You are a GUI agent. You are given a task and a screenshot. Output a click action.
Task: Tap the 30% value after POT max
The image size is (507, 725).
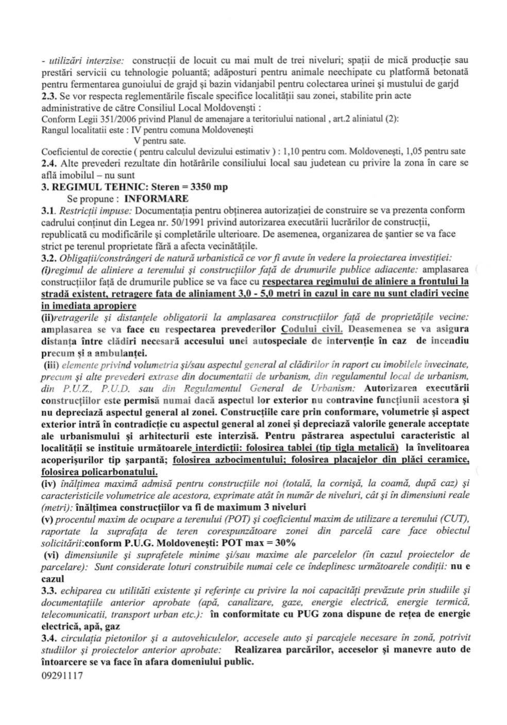(x=283, y=543)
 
